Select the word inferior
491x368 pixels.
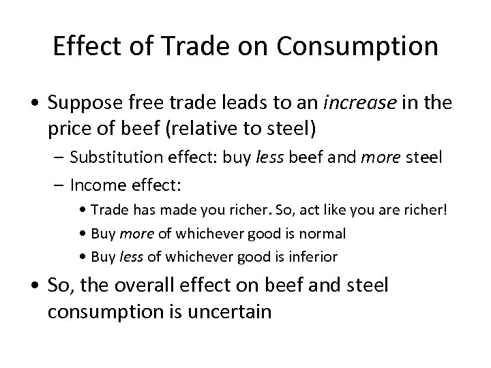(x=314, y=257)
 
